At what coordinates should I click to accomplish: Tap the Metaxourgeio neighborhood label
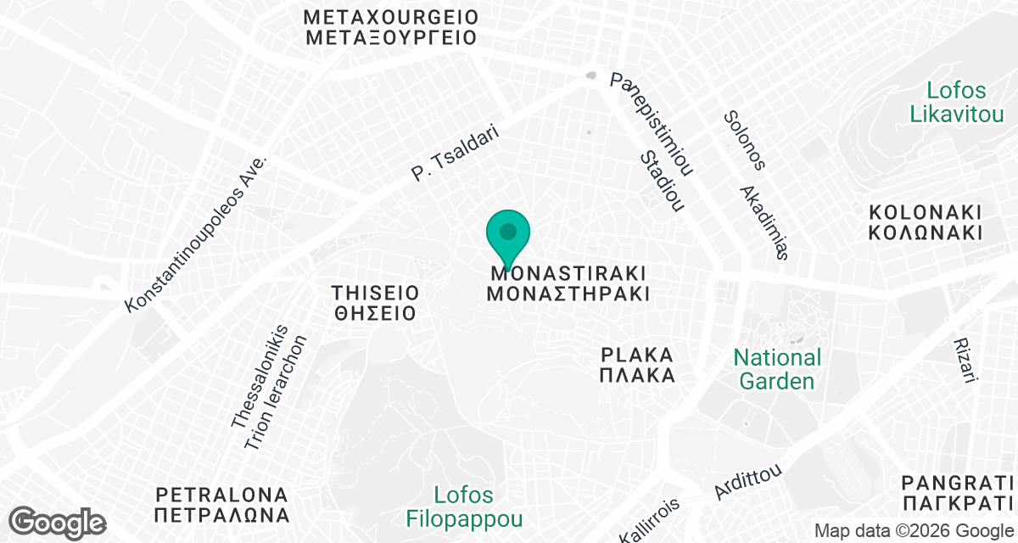tap(391, 27)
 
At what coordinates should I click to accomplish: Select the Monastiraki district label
tap(568, 284)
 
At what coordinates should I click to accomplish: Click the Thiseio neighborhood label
tap(375, 303)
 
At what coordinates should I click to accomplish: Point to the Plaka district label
tap(637, 364)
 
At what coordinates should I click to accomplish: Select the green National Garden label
tap(777, 369)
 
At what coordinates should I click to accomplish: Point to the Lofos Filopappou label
tap(463, 506)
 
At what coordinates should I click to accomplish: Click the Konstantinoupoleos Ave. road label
tap(196, 233)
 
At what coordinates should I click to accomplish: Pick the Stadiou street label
tap(662, 182)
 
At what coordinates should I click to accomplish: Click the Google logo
tap(58, 521)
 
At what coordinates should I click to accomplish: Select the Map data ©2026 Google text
tap(912, 531)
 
